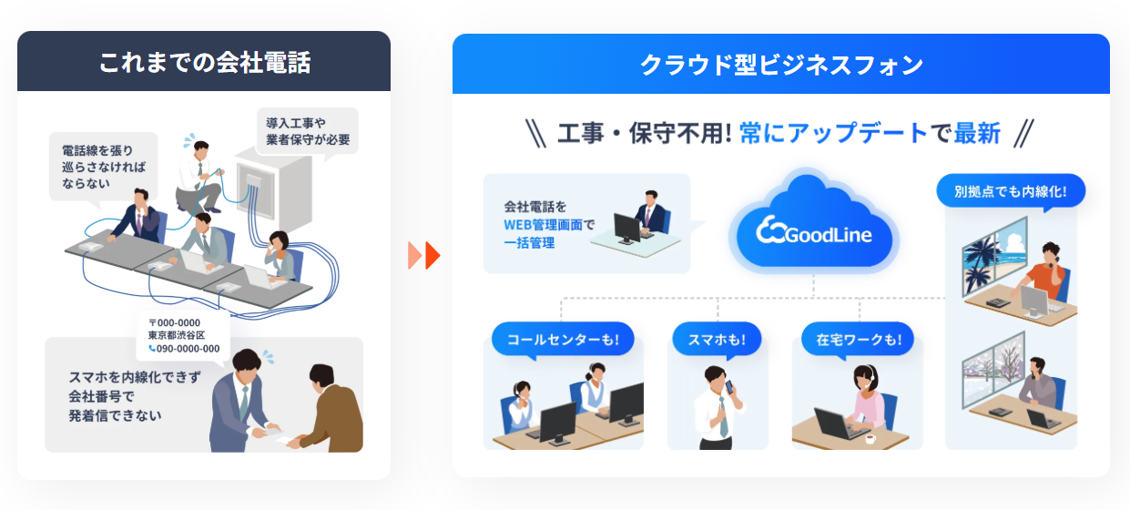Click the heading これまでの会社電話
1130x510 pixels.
(204, 62)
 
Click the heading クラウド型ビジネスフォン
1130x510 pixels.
(780, 65)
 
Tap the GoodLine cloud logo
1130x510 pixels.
(814, 233)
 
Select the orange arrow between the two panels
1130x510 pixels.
(424, 256)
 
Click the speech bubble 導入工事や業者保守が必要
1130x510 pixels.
(307, 132)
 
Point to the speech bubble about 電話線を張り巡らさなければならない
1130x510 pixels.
(103, 166)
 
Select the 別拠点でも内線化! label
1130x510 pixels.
(1011, 192)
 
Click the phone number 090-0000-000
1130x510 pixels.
(188, 348)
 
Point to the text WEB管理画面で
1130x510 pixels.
(549, 225)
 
